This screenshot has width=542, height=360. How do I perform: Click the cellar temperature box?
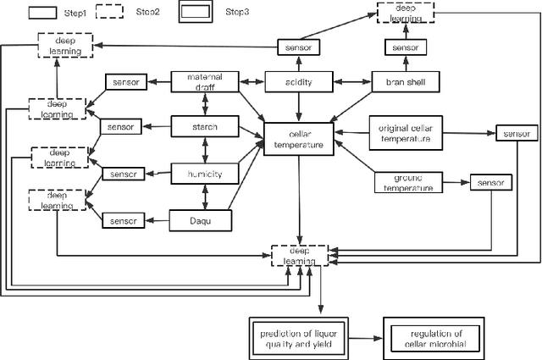[x=298, y=139]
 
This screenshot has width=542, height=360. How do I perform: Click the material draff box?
[x=204, y=82]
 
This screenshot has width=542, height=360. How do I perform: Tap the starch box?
[x=204, y=127]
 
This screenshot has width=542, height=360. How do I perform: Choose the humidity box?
[x=204, y=174]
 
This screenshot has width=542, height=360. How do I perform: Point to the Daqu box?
[x=204, y=220]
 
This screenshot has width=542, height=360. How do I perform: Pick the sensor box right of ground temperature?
[x=491, y=182]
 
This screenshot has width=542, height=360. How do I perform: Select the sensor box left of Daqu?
[x=125, y=220]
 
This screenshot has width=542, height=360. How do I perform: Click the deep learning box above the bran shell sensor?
[x=404, y=15]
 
